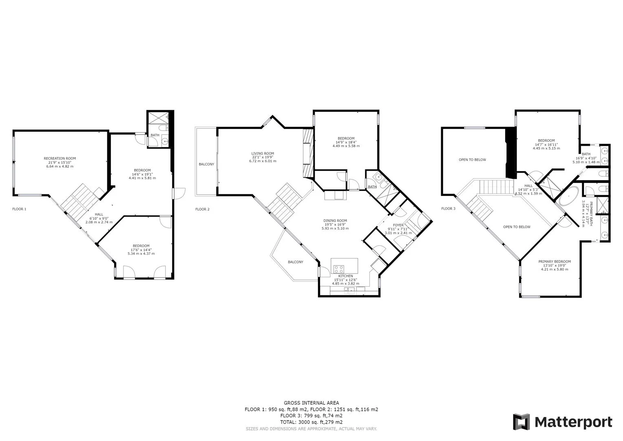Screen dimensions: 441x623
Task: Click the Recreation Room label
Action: (x=60, y=158)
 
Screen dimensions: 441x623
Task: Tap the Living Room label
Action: (x=263, y=154)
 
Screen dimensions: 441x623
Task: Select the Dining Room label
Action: (x=336, y=220)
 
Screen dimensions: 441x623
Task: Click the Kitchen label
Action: (x=345, y=276)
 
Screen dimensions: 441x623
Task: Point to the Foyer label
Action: (x=398, y=225)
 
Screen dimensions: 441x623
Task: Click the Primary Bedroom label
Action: (x=554, y=261)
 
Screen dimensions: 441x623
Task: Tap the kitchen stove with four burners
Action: (x=339, y=269)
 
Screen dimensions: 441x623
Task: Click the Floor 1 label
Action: (x=19, y=209)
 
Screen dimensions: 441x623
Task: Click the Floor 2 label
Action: (x=202, y=209)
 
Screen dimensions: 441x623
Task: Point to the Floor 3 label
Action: (x=448, y=209)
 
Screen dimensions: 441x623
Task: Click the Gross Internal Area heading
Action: (x=311, y=403)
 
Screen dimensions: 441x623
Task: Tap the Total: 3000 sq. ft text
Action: (x=311, y=422)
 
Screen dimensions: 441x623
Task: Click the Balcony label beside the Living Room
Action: (x=206, y=164)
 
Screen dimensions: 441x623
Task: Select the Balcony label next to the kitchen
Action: (x=295, y=262)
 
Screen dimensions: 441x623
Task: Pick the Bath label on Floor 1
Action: (x=155, y=135)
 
